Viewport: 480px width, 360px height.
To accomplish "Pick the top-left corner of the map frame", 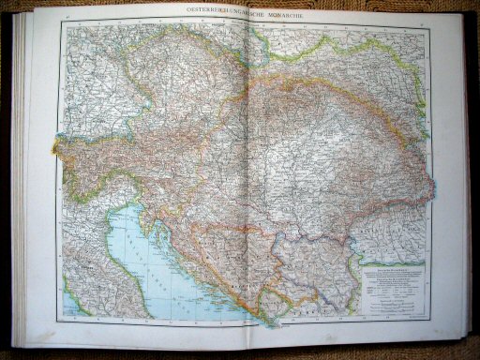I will tap(62, 24).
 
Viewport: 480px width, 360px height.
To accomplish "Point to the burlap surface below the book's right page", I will tap(375, 352).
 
